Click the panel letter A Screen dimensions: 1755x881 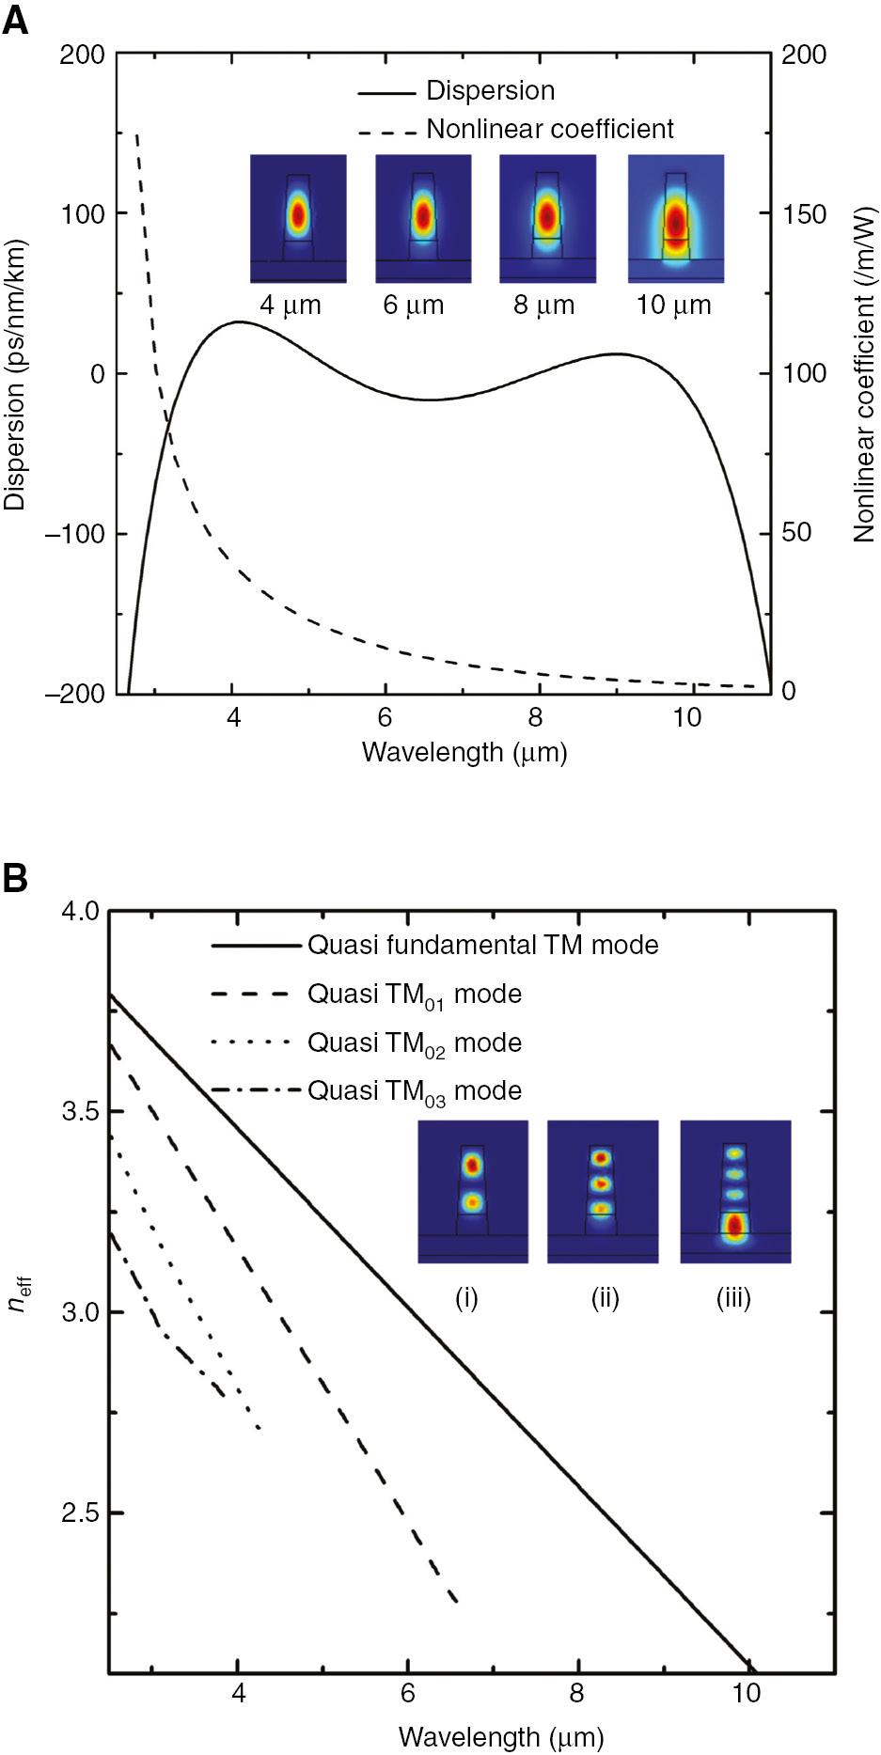(x=15, y=20)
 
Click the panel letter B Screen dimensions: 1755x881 (x=15, y=879)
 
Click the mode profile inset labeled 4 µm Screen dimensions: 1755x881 (x=298, y=218)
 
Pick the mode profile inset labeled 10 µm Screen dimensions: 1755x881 (x=675, y=218)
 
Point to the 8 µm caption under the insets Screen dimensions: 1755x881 (x=543, y=306)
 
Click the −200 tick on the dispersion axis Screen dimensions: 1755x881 (x=75, y=693)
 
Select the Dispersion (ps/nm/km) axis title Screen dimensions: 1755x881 (x=15, y=374)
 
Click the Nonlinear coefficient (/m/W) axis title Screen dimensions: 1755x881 (x=864, y=374)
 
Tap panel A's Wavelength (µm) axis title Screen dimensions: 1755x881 (x=464, y=752)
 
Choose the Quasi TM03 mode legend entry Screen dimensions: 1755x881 (x=414, y=1091)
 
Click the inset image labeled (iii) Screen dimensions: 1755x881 (x=735, y=1191)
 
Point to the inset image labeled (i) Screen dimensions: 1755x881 (x=473, y=1191)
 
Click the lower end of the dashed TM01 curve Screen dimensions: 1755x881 (x=456, y=1601)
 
